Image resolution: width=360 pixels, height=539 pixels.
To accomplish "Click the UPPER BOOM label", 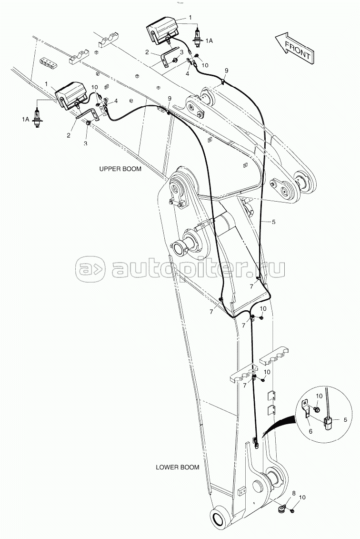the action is [120, 169].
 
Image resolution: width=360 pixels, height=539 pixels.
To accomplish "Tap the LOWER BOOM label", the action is [178, 467].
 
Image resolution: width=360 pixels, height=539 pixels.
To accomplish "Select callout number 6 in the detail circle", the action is [310, 431].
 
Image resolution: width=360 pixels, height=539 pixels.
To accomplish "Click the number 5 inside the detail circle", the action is [345, 419].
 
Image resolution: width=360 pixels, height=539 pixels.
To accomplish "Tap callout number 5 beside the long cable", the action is [273, 222].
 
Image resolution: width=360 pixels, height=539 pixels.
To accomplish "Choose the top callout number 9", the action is [226, 71].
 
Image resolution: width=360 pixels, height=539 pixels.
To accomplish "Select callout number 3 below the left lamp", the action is [85, 142].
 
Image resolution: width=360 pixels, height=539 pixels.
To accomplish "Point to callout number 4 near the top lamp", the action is [188, 73].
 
